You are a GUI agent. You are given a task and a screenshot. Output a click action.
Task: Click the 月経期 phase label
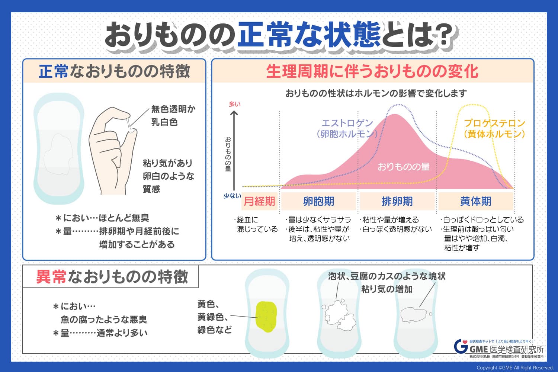tap(259, 201)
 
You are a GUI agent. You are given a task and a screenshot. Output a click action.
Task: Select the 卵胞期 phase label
tap(318, 201)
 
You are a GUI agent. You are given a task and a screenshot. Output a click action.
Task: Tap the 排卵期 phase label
tap(397, 201)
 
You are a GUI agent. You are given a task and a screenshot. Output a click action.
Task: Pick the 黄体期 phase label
tap(475, 201)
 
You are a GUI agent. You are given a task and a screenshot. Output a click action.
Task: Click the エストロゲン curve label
tap(347, 123)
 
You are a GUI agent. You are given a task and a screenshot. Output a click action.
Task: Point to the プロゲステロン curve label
tap(494, 123)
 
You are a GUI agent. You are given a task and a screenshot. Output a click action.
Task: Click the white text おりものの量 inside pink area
tap(404, 167)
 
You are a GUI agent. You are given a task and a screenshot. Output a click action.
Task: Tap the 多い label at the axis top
tap(234, 104)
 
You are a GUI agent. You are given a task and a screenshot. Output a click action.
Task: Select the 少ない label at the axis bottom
tap(232, 196)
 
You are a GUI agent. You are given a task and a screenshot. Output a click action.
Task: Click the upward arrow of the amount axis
tap(234, 151)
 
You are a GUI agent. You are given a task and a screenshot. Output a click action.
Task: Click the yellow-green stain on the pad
tap(266, 317)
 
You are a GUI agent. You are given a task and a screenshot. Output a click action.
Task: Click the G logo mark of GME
tap(461, 346)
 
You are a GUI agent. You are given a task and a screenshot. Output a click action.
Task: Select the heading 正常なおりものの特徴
tap(114, 71)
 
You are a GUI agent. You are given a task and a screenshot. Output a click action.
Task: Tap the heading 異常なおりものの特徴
tap(112, 276)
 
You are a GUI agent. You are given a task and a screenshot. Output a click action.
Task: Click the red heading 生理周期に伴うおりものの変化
tap(372, 71)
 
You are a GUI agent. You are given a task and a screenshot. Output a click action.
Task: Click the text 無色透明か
tap(173, 109)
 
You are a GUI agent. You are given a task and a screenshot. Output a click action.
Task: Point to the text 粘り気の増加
tap(387, 289)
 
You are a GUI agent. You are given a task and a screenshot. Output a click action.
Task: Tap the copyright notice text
tap(515, 368)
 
